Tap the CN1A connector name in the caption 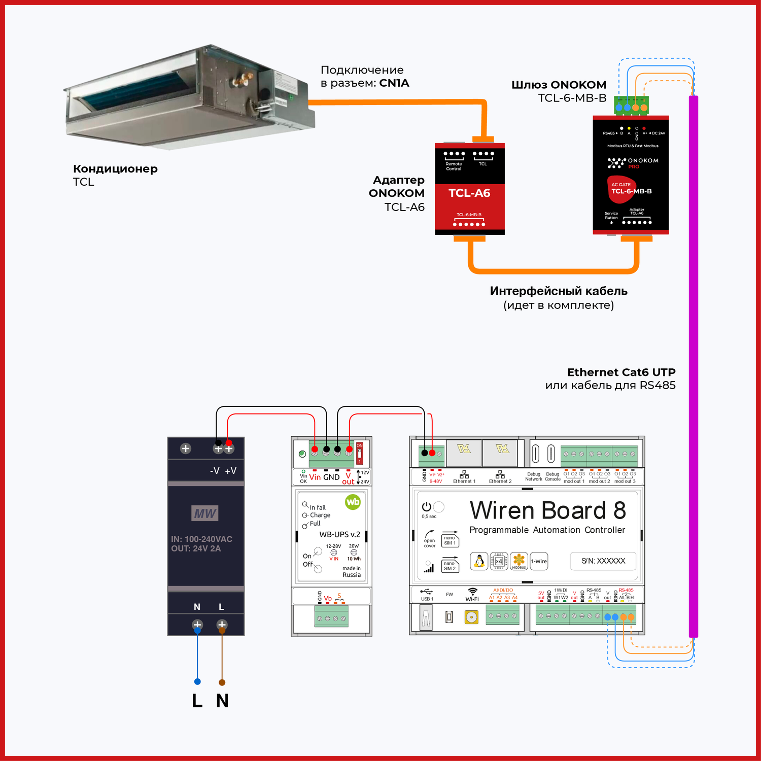[x=394, y=83]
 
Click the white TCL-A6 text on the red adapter [x=469, y=193]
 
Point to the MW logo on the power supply [x=205, y=513]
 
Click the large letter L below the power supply [x=197, y=701]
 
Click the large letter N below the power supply [x=222, y=701]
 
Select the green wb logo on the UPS [x=353, y=502]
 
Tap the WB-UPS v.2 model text [x=339, y=534]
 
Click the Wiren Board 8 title [x=547, y=510]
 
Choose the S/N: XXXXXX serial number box [x=603, y=561]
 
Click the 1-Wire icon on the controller [x=539, y=561]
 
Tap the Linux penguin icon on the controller [x=479, y=561]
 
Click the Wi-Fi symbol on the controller [x=472, y=592]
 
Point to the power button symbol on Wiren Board [x=427, y=507]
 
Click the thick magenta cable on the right [x=694, y=365]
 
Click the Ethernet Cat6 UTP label [x=621, y=372]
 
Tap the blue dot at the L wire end [x=197, y=681]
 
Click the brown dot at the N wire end [x=222, y=682]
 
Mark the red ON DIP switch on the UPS [x=359, y=453]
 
